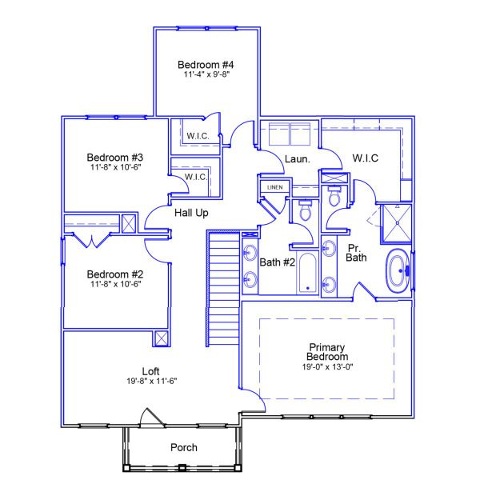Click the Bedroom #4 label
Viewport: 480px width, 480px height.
(x=206, y=64)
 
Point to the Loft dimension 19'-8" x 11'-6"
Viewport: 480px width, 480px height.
(x=150, y=382)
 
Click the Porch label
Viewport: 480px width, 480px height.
(x=184, y=447)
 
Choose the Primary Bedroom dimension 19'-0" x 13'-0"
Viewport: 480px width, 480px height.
(x=326, y=366)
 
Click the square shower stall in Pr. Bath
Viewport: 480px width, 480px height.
(x=395, y=221)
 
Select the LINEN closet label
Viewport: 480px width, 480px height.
(x=274, y=187)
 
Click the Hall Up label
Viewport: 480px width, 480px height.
(x=191, y=213)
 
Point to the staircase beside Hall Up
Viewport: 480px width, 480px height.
(x=224, y=288)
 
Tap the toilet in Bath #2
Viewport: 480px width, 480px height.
(x=305, y=211)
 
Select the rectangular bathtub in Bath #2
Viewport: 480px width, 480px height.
(x=307, y=272)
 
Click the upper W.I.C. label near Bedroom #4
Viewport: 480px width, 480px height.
(x=198, y=136)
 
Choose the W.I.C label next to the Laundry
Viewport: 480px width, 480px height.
(x=365, y=158)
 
